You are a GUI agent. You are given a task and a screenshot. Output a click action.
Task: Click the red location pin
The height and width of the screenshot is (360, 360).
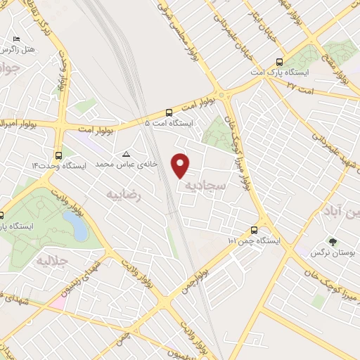[x=181, y=165]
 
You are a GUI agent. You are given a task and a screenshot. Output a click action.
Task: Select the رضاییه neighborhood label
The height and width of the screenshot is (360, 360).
[x=124, y=195]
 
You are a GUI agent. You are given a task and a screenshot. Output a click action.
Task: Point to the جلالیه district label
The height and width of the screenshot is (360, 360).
[x=50, y=262]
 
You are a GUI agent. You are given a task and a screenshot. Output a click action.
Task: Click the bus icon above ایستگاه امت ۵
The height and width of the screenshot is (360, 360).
[x=169, y=112]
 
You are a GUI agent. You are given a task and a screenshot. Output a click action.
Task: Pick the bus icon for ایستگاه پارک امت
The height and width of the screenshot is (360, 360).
[x=281, y=61]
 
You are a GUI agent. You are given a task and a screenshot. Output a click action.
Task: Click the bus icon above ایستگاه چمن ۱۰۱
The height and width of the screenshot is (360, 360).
[x=254, y=230]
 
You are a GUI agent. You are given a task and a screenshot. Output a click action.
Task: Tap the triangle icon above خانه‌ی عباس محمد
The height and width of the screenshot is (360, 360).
[x=127, y=154]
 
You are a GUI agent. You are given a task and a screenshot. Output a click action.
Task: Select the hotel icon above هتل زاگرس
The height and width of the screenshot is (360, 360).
[x=17, y=39]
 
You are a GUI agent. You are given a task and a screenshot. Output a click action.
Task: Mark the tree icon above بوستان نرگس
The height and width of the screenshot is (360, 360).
[x=333, y=240]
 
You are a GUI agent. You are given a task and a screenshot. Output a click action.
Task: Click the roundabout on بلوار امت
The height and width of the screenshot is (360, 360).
[x=224, y=94]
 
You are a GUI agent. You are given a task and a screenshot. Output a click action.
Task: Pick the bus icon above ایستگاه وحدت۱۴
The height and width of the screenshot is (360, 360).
[x=58, y=155]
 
